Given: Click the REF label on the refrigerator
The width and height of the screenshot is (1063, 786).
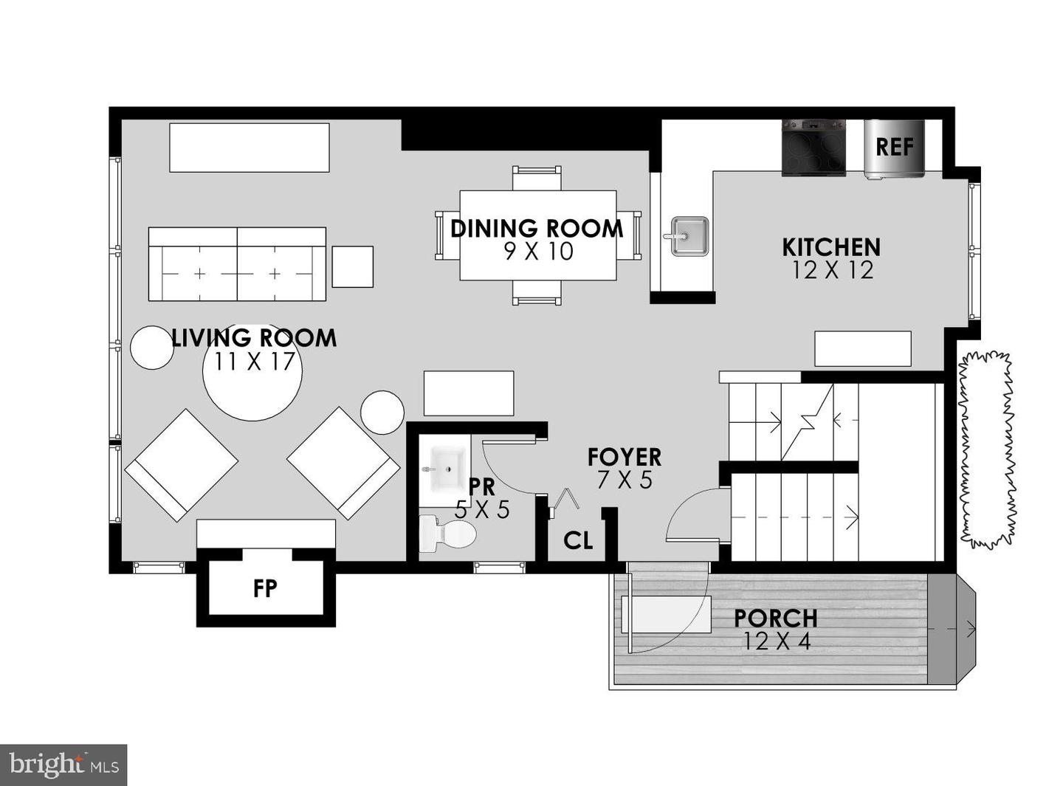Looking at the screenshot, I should pyautogui.click(x=894, y=147).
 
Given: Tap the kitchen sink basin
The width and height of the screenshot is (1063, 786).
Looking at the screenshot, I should pyautogui.click(x=689, y=236).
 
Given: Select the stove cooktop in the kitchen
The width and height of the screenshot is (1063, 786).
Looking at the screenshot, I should pyautogui.click(x=813, y=148).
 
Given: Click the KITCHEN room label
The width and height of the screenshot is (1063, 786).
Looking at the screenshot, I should pyautogui.click(x=831, y=247).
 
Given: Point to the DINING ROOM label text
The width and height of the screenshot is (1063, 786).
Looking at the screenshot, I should pyautogui.click(x=537, y=229).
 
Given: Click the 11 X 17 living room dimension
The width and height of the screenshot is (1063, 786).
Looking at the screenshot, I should pyautogui.click(x=255, y=362).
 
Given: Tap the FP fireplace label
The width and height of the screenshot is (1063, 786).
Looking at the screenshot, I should pyautogui.click(x=265, y=588).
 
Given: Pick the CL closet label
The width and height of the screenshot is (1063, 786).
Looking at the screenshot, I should pyautogui.click(x=577, y=541).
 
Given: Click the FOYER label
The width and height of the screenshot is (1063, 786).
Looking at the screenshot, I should pyautogui.click(x=624, y=457).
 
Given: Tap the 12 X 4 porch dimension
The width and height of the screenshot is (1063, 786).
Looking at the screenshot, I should pyautogui.click(x=777, y=641).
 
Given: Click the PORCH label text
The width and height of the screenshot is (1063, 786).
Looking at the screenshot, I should pyautogui.click(x=775, y=618).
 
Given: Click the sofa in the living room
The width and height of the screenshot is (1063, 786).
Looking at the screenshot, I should pyautogui.click(x=237, y=264).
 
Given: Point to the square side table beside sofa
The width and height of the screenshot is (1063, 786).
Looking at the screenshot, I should pyautogui.click(x=352, y=266).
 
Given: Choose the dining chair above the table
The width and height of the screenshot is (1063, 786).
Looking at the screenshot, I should pyautogui.click(x=537, y=179).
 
